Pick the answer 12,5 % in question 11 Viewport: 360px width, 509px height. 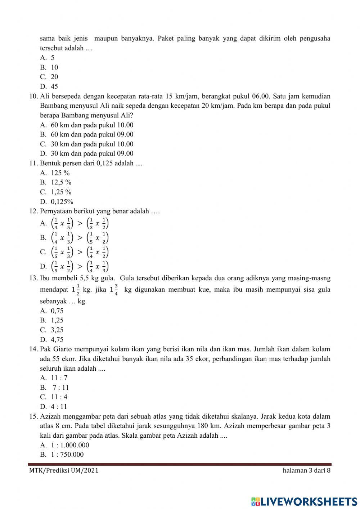pos(61,182)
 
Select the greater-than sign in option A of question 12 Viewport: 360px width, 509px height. pos(80,223)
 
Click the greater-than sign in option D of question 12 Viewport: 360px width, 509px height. pos(80,267)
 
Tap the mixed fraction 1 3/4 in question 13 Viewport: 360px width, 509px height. pos(114,290)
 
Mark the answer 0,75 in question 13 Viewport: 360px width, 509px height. pos(57,311)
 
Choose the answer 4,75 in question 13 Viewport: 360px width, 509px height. pos(57,339)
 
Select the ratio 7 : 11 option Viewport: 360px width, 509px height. pos(60,388)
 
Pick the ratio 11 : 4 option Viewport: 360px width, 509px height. pos(59,397)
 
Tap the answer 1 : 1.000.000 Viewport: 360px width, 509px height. pos(70,445)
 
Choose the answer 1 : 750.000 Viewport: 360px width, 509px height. pos(67,454)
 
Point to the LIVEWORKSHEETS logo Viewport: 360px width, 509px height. pos(304,501)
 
